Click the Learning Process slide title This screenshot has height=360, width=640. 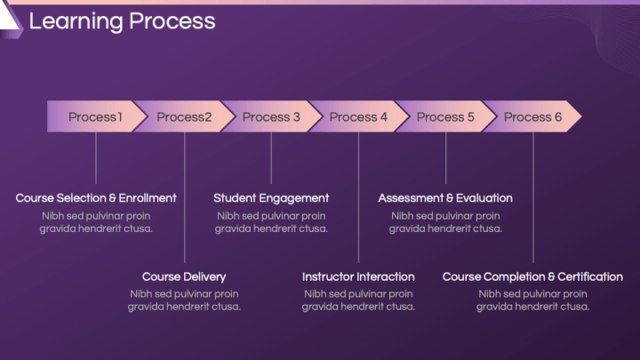pyautogui.click(x=122, y=21)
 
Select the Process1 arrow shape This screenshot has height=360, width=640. pyautogui.click(x=96, y=116)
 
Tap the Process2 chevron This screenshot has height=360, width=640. pyautogui.click(x=184, y=116)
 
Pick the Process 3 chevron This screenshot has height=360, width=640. pyautogui.click(x=271, y=116)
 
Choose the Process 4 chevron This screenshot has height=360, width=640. pyautogui.click(x=358, y=116)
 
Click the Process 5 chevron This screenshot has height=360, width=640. pyautogui.click(x=445, y=116)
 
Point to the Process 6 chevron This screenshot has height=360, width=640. pyautogui.click(x=532, y=116)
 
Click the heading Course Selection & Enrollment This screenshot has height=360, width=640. pyautogui.click(x=96, y=198)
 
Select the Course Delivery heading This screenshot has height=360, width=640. pyautogui.click(x=184, y=276)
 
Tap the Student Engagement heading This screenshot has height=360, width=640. pyautogui.click(x=271, y=198)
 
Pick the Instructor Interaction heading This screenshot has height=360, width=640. pyautogui.click(x=358, y=276)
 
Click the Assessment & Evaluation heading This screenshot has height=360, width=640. pyautogui.click(x=445, y=198)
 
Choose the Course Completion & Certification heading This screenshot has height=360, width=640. pyautogui.click(x=532, y=276)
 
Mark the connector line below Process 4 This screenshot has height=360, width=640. pyautogui.click(x=359, y=197)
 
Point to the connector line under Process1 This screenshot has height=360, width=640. pyautogui.click(x=96, y=158)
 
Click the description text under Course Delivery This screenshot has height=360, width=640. pyautogui.click(x=184, y=300)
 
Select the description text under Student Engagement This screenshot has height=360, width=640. pyautogui.click(x=271, y=222)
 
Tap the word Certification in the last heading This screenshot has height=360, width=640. pyautogui.click(x=590, y=276)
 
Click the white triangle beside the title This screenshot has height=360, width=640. pyautogui.click(x=7, y=19)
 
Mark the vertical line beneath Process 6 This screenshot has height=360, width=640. pyautogui.click(x=533, y=197)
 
